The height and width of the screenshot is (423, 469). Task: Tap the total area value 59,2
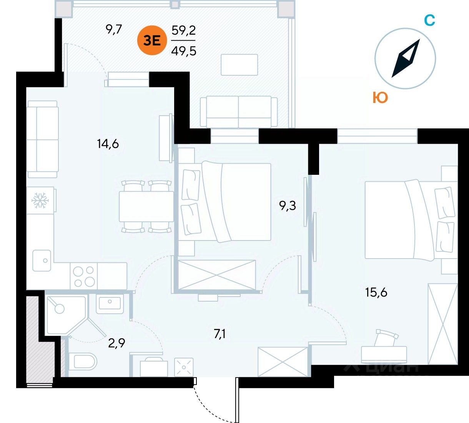pyautogui.click(x=184, y=30)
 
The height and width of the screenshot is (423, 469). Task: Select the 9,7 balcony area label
pyautogui.click(x=114, y=29)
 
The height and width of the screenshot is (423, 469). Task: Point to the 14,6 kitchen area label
pyautogui.click(x=108, y=144)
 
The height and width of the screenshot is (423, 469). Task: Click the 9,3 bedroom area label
pyautogui.click(x=288, y=206)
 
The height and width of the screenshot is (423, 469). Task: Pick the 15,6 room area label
pyautogui.click(x=376, y=293)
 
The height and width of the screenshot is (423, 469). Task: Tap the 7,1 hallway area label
pyautogui.click(x=220, y=334)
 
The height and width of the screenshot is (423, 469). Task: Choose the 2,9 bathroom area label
pyautogui.click(x=116, y=343)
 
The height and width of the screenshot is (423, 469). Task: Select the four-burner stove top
pyautogui.click(x=84, y=276)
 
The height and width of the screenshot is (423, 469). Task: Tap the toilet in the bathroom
pyautogui.click(x=85, y=362)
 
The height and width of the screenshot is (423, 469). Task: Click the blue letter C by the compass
pyautogui.click(x=429, y=20)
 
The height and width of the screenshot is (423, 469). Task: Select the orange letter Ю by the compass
pyautogui.click(x=380, y=98)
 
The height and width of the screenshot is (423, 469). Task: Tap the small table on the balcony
pyautogui.click(x=239, y=65)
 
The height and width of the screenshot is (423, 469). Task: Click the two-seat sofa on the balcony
pyautogui.click(x=239, y=111)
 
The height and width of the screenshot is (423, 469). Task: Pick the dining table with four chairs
pyautogui.click(x=146, y=206)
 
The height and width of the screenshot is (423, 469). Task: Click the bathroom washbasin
pyautogui.click(x=110, y=303)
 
